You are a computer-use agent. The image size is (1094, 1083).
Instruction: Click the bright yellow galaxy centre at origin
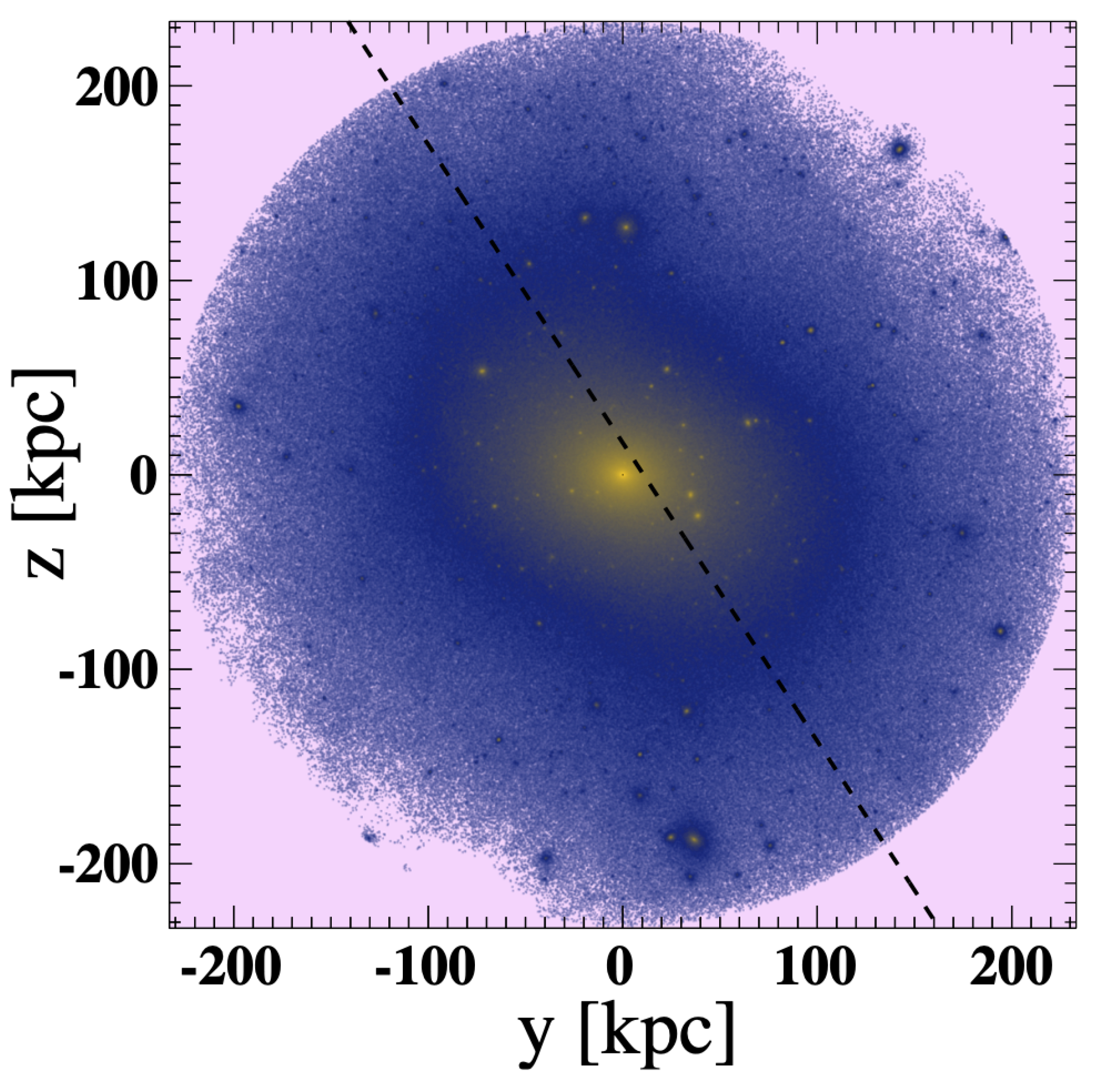tap(622, 474)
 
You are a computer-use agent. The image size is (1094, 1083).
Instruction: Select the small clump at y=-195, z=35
tap(238, 406)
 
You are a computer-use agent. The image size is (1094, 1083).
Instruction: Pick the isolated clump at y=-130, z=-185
tap(370, 837)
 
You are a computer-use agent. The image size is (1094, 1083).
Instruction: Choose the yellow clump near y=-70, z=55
tap(482, 371)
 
